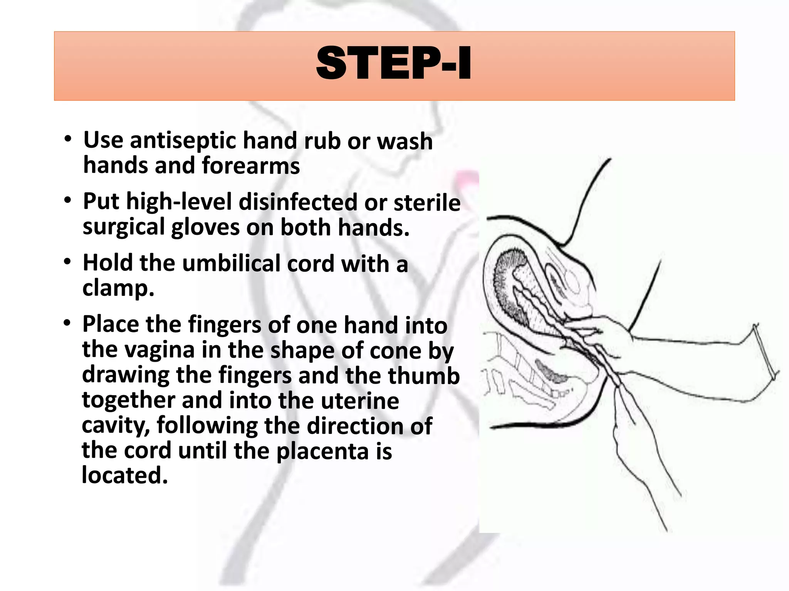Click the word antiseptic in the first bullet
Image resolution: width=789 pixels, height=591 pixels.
coord(183,140)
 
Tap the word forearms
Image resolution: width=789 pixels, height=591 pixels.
coord(250,166)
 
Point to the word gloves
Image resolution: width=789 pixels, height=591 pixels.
coord(205,227)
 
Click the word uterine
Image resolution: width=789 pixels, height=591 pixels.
coord(360,401)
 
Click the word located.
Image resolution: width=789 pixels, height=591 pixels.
coord(125,476)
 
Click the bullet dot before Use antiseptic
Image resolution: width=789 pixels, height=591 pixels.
coord(68,139)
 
